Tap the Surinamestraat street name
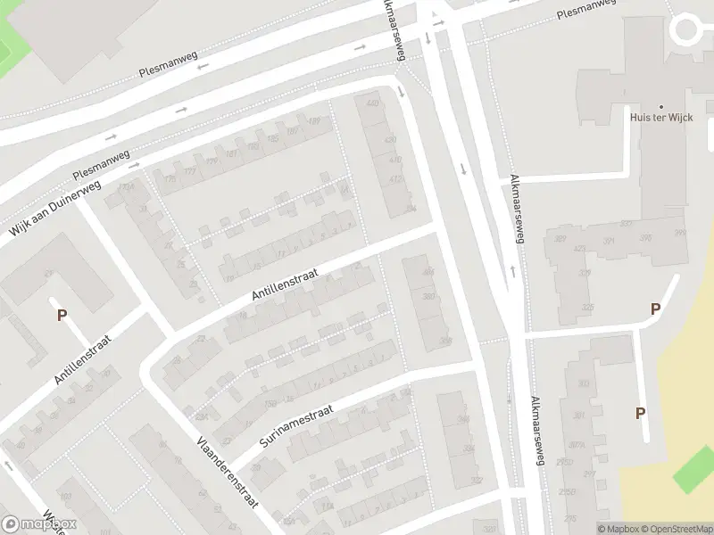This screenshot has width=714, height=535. [296, 424]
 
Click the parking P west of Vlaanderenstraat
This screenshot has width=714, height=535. [62, 314]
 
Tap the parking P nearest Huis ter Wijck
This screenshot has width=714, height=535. [655, 309]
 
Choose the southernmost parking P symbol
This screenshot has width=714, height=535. [639, 413]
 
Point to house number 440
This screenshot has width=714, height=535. [372, 103]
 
